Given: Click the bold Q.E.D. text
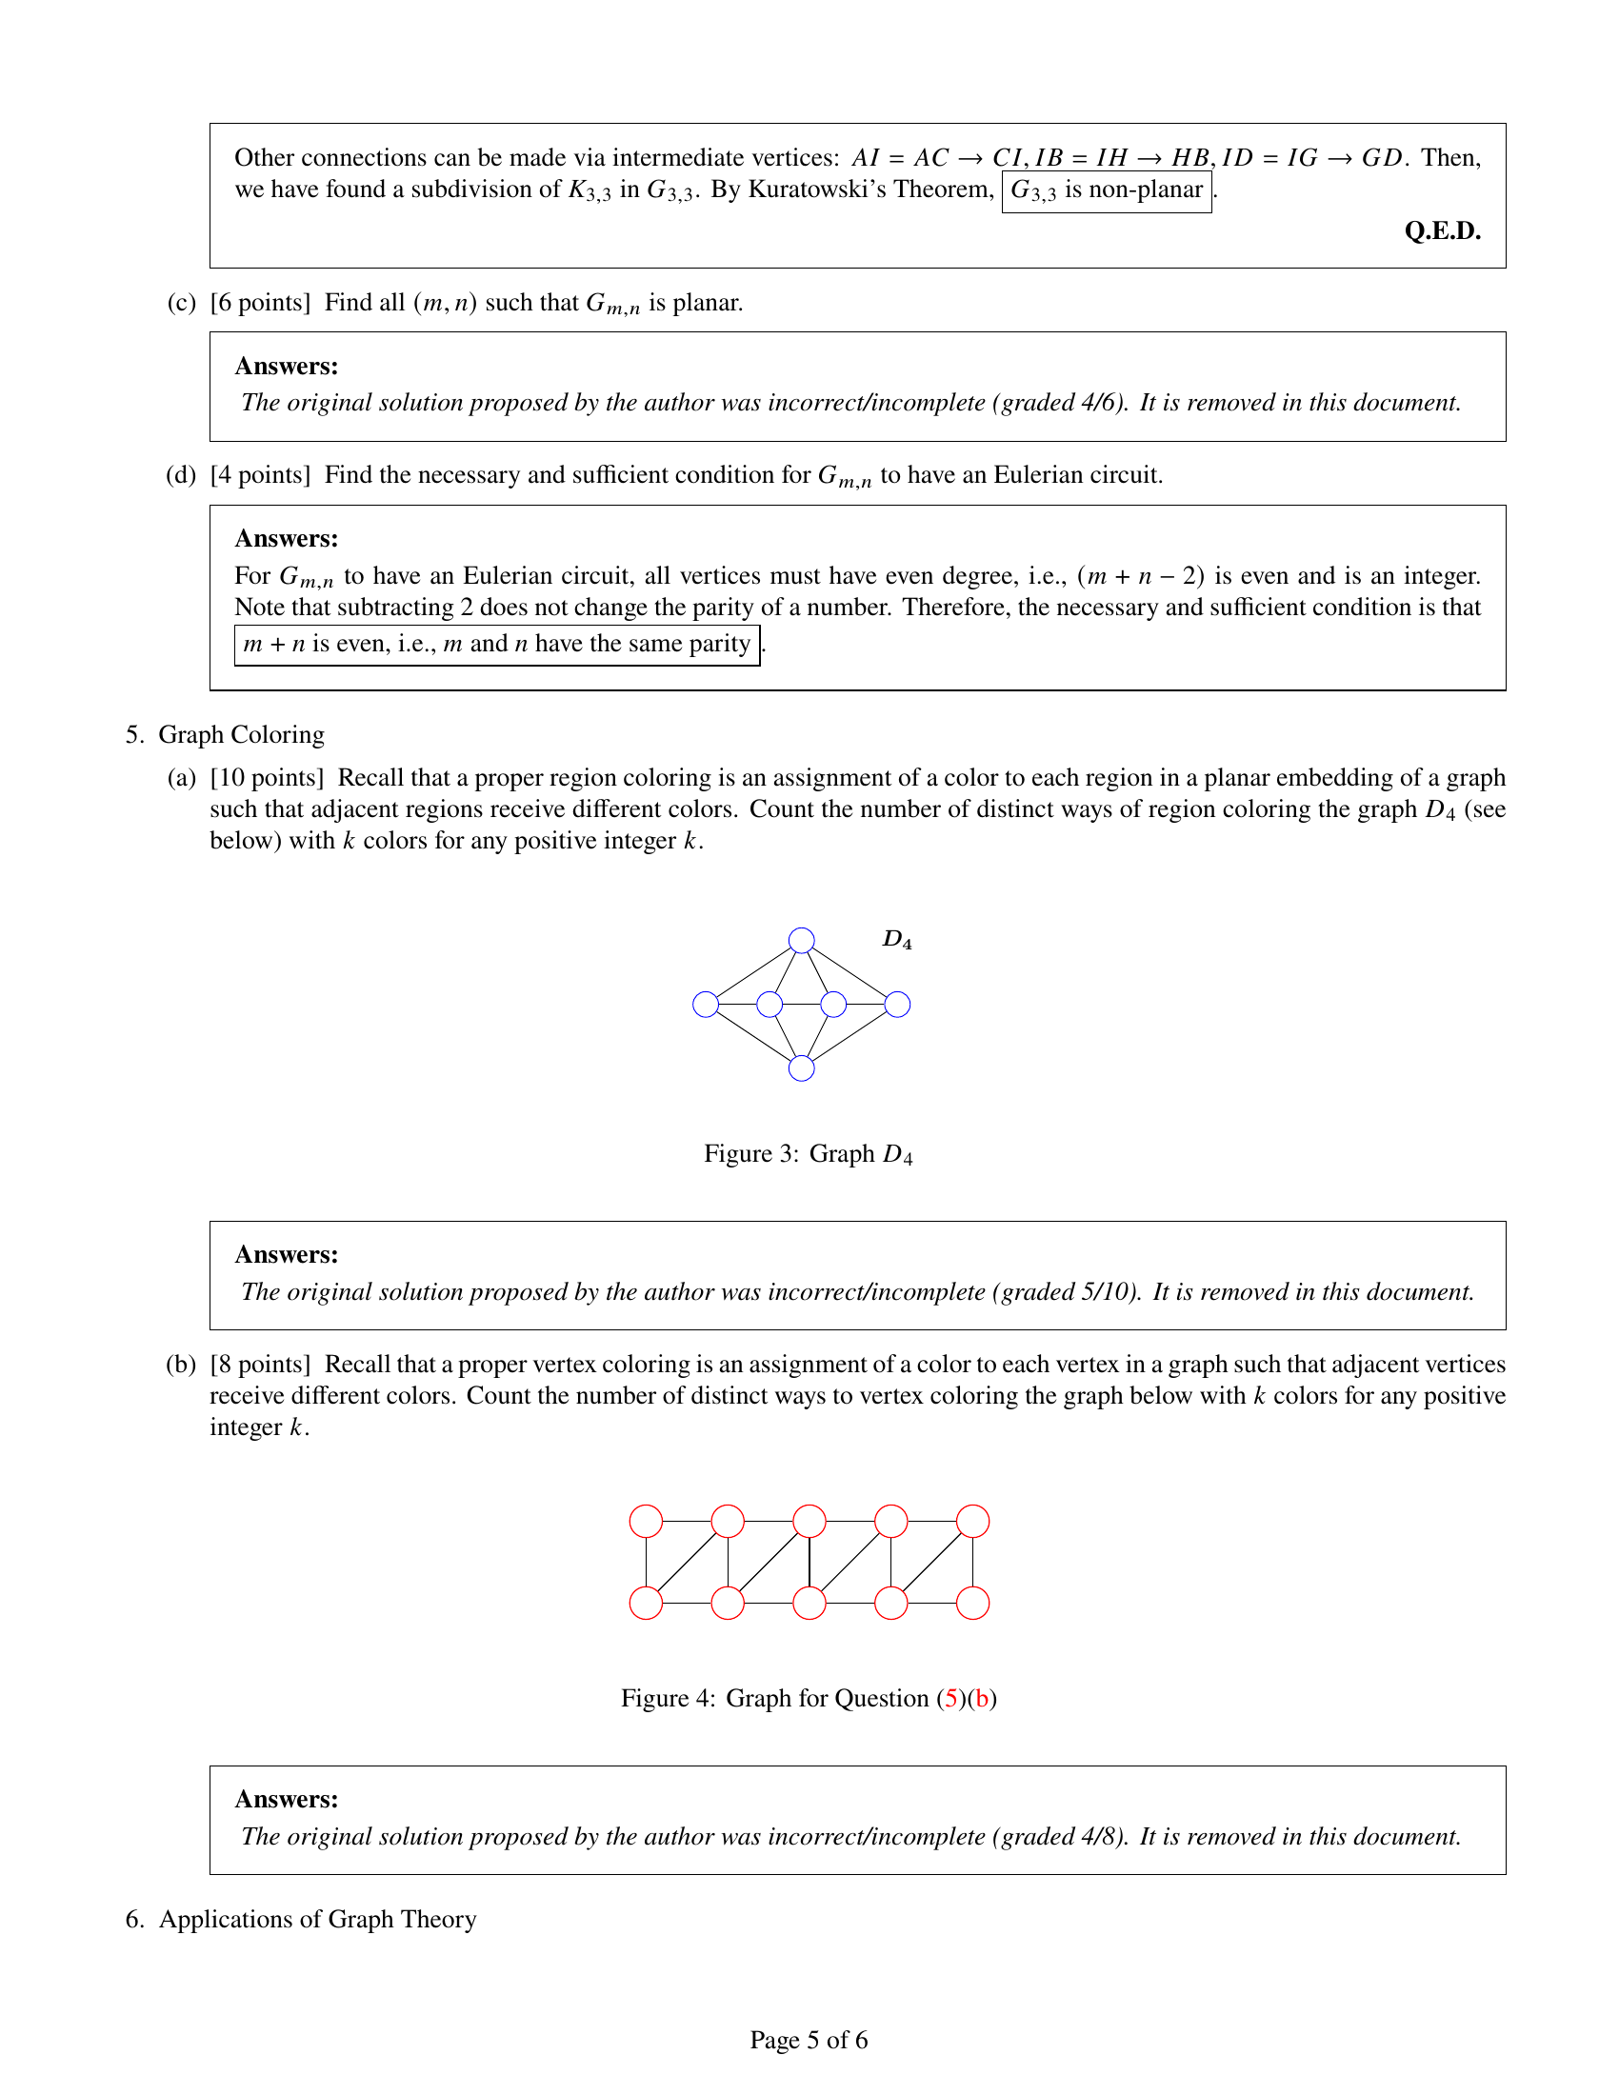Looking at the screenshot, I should pyautogui.click(x=1442, y=231).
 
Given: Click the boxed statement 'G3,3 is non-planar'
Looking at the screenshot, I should pyautogui.click(x=1106, y=190).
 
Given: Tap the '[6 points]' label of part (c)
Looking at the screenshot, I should pyautogui.click(x=261, y=303).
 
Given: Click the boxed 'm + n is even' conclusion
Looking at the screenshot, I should pyautogui.click(x=496, y=645).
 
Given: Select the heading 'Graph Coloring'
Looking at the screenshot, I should pyautogui.click(x=241, y=735).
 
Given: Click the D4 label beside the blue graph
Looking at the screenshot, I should pyautogui.click(x=897, y=939).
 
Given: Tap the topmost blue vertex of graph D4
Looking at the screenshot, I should pyautogui.click(x=801, y=940).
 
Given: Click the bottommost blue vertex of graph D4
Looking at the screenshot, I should pyautogui.click(x=801, y=1068).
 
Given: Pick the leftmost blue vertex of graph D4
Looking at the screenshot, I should pyautogui.click(x=706, y=1005).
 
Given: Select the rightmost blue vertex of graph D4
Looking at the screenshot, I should pyautogui.click(x=897, y=1005).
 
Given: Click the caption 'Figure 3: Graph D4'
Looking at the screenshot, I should pyautogui.click(x=808, y=1154).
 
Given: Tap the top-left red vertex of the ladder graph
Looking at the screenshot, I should pyautogui.click(x=647, y=1522).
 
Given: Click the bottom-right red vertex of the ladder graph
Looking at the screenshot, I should pyautogui.click(x=972, y=1603).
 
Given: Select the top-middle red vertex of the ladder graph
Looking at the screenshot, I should pyautogui.click(x=809, y=1522).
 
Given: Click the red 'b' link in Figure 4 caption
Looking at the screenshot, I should pyautogui.click(x=981, y=1699).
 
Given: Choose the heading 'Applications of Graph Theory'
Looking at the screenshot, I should pyautogui.click(x=317, y=1920).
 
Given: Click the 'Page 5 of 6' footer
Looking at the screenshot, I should pyautogui.click(x=809, y=2041).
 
